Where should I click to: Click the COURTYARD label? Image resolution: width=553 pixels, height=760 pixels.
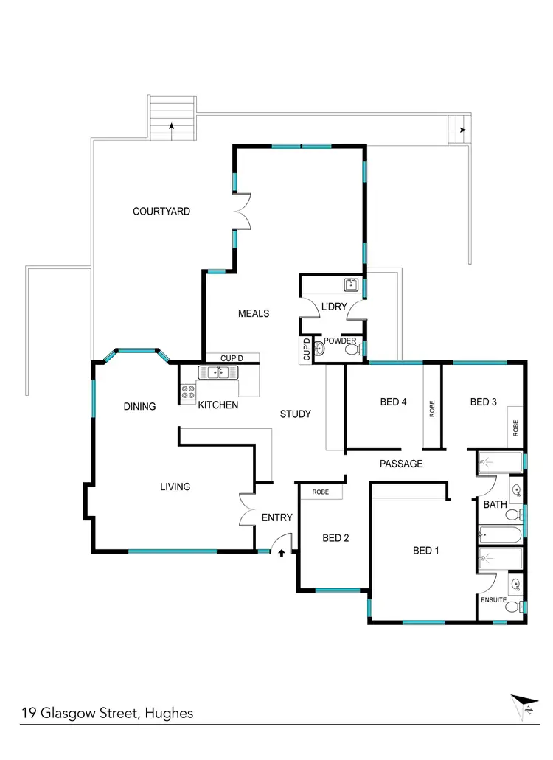[161, 212]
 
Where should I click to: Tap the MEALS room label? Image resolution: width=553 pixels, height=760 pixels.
[254, 313]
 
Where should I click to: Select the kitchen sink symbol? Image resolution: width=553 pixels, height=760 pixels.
[218, 372]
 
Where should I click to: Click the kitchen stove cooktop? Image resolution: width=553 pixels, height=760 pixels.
[188, 391]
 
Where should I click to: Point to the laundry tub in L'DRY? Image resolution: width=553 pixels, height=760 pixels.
[351, 284]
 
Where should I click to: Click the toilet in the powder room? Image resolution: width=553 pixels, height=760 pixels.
[320, 349]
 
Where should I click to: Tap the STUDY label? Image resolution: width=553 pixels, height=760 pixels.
[296, 414]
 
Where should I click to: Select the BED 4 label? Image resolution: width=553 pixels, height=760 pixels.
[394, 402]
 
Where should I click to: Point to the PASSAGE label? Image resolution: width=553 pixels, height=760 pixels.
[401, 464]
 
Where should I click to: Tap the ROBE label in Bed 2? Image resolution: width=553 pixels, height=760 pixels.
[320, 492]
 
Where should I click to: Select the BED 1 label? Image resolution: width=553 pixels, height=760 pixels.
[426, 551]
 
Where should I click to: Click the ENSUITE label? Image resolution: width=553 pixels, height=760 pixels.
[494, 600]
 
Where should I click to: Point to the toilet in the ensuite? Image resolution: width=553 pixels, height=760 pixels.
[521, 607]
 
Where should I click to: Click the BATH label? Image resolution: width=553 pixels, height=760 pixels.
[494, 505]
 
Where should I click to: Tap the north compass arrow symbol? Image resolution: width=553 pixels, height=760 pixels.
[523, 704]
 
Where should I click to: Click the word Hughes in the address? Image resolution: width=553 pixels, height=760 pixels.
[170, 713]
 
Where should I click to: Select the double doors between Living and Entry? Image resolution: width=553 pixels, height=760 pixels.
[247, 509]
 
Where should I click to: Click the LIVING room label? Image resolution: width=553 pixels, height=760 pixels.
[175, 487]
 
